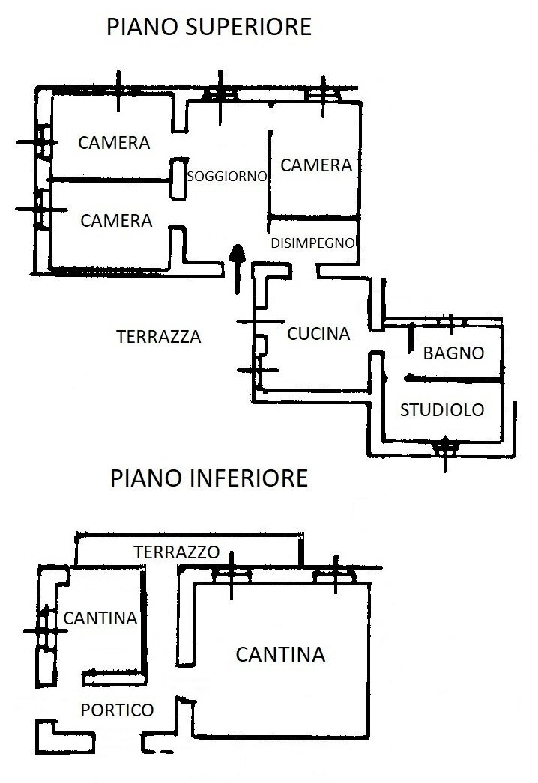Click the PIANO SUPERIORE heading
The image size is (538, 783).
(209, 28)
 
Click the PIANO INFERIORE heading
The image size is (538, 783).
(209, 478)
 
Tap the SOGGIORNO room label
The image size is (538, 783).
(227, 177)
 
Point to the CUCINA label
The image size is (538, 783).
(318, 334)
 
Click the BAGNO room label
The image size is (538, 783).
(453, 353)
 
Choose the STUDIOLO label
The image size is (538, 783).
(442, 409)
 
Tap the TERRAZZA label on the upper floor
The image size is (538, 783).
(159, 337)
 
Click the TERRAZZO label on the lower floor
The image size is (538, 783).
(176, 552)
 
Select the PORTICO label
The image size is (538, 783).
(117, 710)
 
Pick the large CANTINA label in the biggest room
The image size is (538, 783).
(280, 654)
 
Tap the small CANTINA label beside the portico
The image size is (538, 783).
(100, 618)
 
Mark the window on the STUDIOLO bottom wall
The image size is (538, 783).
(446, 448)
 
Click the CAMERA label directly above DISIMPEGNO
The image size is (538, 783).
(315, 165)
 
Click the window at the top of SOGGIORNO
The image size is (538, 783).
(220, 93)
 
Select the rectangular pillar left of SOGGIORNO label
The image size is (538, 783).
(178, 179)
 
